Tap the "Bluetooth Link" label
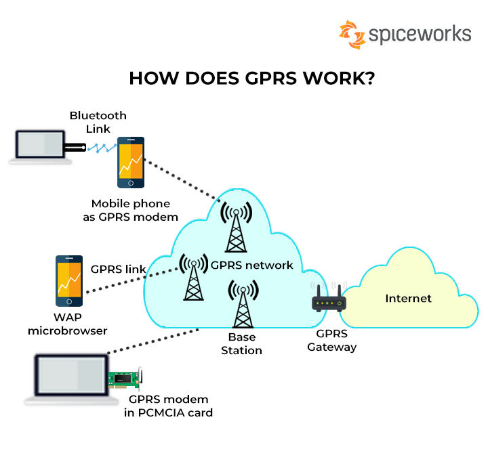[98, 122]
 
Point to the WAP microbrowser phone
[70, 280]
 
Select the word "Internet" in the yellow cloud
[408, 299]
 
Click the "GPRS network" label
[251, 265]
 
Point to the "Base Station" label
[241, 344]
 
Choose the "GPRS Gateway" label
[331, 341]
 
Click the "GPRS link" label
[118, 269]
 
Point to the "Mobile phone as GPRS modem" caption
[134, 210]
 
